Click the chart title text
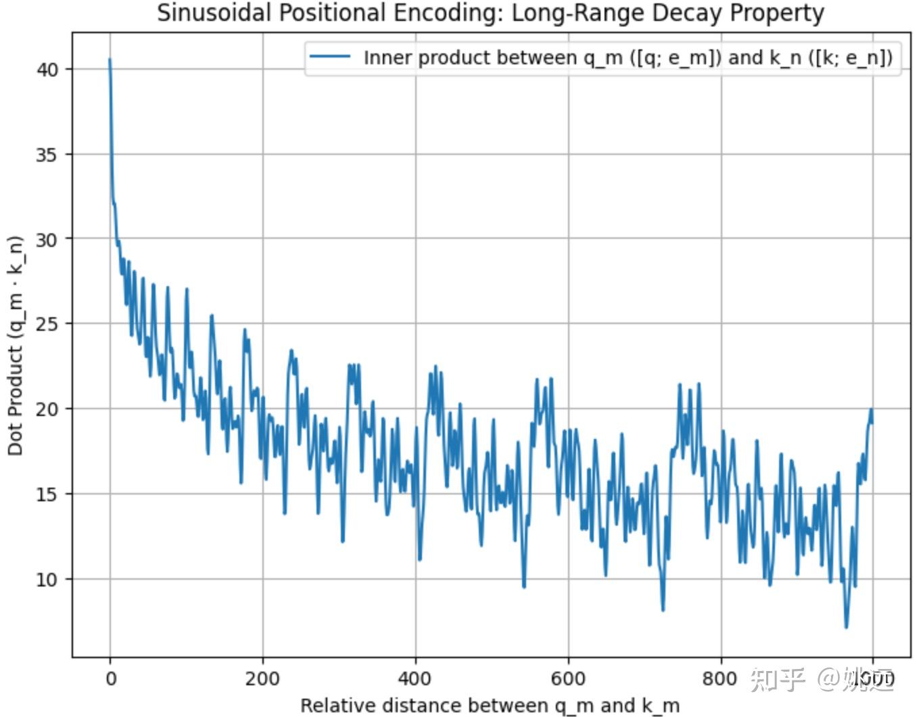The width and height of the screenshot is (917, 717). pyautogui.click(x=490, y=13)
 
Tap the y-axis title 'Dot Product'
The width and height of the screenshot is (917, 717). pyautogui.click(x=15, y=345)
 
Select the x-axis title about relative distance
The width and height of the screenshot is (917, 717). pyautogui.click(x=490, y=705)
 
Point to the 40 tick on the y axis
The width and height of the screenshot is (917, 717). pyautogui.click(x=47, y=69)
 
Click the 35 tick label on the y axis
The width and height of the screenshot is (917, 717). pyautogui.click(x=47, y=154)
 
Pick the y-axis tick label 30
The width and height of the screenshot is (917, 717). pyautogui.click(x=47, y=239)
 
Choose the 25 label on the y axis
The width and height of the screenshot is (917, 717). pyautogui.click(x=47, y=324)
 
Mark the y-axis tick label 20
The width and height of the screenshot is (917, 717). pyautogui.click(x=47, y=409)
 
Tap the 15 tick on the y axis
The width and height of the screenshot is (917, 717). pyautogui.click(x=47, y=494)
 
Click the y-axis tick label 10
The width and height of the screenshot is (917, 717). pyautogui.click(x=47, y=579)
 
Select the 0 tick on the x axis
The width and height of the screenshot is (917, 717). pyautogui.click(x=110, y=678)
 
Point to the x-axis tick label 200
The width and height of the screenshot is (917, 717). pyautogui.click(x=262, y=678)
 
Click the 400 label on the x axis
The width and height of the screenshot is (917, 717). pyautogui.click(x=415, y=678)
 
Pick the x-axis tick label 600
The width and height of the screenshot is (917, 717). pyautogui.click(x=567, y=678)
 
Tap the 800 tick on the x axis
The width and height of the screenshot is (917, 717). pyautogui.click(x=720, y=678)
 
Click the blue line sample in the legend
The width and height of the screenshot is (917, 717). pyautogui.click(x=330, y=57)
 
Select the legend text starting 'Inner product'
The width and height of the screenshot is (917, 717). pyautogui.click(x=628, y=57)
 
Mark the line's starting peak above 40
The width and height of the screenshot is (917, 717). pyautogui.click(x=110, y=60)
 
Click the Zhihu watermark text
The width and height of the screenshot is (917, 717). pyautogui.click(x=822, y=678)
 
